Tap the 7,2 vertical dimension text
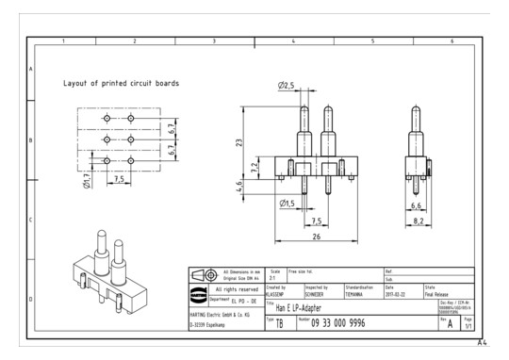pos(254,168)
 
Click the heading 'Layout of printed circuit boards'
pos(121,83)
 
